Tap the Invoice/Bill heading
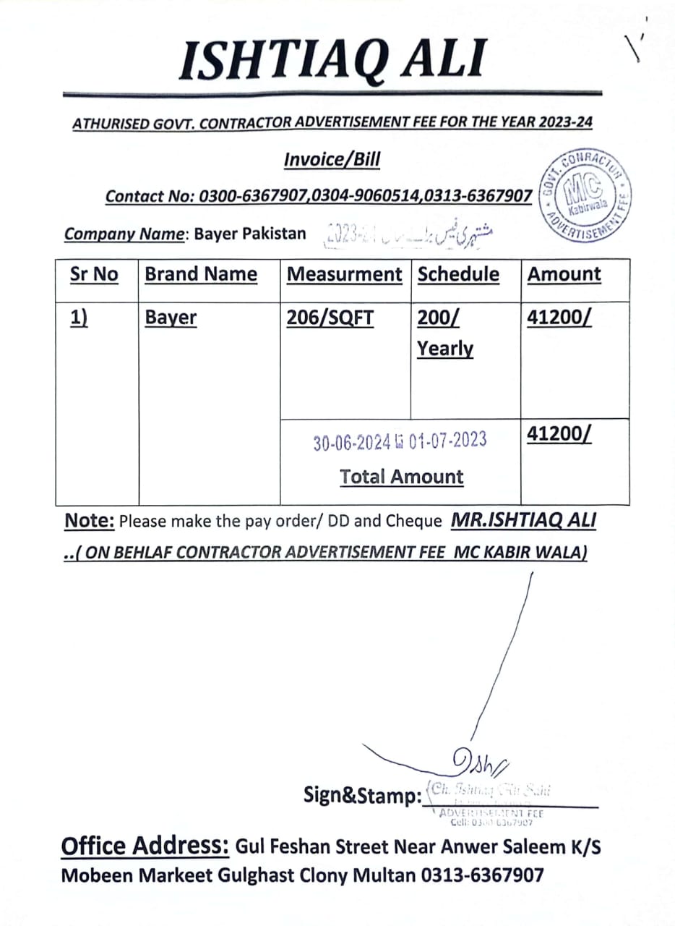tap(332, 159)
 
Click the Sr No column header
tap(94, 274)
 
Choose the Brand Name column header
tap(201, 274)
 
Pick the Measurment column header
tap(344, 274)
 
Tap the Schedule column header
tap(458, 274)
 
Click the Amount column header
tap(564, 274)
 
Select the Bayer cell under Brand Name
tap(171, 318)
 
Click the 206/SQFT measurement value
tap(330, 318)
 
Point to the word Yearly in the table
tap(445, 349)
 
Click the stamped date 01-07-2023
tap(447, 440)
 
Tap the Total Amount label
tap(402, 477)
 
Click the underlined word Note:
tap(90, 520)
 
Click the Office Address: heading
tap(145, 846)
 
